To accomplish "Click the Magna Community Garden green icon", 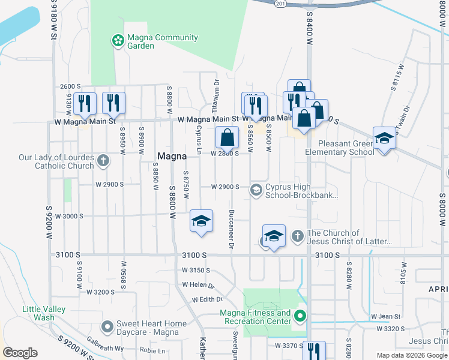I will click(x=118, y=41).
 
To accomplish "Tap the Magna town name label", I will click(x=172, y=156).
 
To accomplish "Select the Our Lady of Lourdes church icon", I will click(x=103, y=161).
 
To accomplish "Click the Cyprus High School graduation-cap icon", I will click(x=256, y=190).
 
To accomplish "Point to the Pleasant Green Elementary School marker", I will click(x=384, y=139).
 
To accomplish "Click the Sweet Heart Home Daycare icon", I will click(x=107, y=327).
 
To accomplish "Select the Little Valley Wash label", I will click(x=38, y=313).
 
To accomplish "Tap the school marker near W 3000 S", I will click(x=202, y=221).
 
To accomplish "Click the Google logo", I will click(x=20, y=353).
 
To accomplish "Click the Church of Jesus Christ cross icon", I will click(x=297, y=236).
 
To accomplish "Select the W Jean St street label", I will click(x=384, y=316).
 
